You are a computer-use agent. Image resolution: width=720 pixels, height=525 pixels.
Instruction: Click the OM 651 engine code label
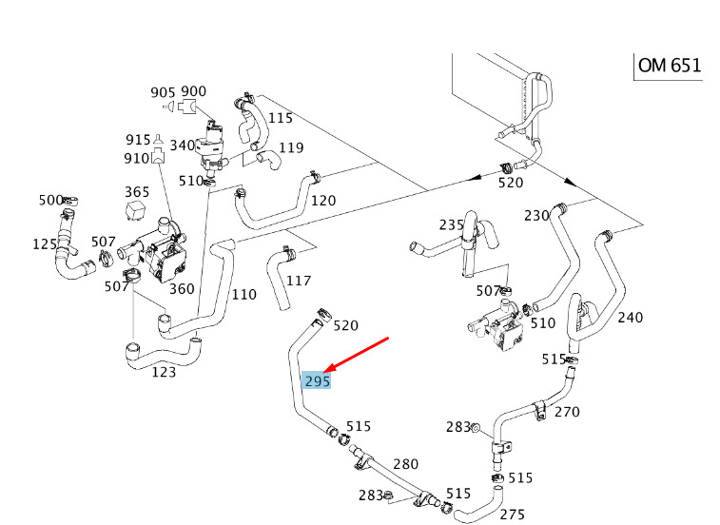670,66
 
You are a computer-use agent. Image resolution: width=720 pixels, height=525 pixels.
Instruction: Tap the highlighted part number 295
317,380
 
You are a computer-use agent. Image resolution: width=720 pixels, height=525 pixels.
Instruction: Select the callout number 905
163,92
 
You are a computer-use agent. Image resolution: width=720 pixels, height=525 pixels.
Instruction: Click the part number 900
194,91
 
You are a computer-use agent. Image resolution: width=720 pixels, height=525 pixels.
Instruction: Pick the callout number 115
280,118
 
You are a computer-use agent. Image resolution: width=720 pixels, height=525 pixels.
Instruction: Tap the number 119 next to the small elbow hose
291,147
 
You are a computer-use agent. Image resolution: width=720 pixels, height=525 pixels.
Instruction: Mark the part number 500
50,200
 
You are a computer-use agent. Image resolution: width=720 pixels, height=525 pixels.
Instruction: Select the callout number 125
45,244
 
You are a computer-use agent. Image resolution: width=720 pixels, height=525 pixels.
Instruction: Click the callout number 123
165,372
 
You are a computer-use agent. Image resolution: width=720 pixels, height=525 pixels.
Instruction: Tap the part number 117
299,281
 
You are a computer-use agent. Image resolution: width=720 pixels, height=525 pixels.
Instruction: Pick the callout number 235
451,225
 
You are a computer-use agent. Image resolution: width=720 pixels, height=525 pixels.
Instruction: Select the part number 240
631,318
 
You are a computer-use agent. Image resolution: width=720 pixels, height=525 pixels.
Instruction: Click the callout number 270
567,412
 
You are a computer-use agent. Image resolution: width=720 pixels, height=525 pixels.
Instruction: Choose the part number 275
513,515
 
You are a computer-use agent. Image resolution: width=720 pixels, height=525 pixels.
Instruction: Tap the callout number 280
406,464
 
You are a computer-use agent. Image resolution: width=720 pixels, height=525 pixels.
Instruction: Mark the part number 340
183,146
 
